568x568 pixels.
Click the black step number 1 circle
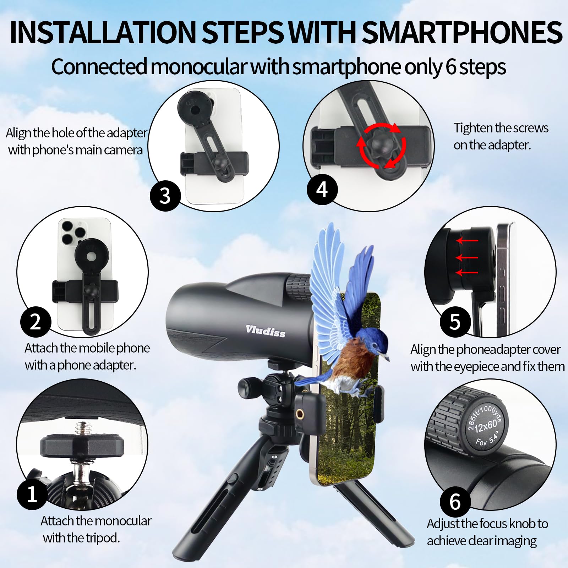click(32, 494)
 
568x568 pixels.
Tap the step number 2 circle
click(35, 322)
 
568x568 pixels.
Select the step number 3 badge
click(165, 196)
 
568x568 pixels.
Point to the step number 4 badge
click(322, 189)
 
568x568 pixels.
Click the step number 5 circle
click(455, 322)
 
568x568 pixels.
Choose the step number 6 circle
click(455, 502)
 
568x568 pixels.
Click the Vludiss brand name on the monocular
click(265, 331)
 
